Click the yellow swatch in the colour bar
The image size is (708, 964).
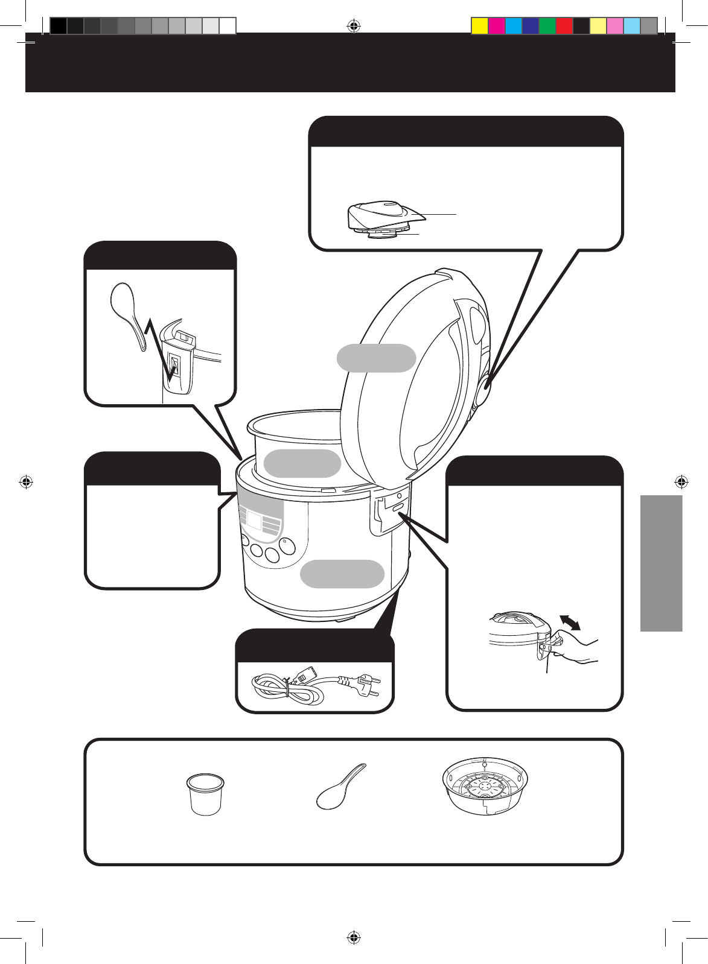[479, 26]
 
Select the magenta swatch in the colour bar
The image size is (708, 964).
[496, 26]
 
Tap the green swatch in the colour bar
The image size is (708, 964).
[547, 26]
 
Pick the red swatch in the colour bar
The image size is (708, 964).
[564, 26]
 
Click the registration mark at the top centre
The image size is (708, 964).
[354, 26]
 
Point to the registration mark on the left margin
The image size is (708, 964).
[25, 481]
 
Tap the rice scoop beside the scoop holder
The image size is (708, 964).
[128, 314]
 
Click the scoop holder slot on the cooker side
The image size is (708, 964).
[176, 367]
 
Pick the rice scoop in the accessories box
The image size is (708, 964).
[340, 787]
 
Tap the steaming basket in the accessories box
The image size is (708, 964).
[485, 788]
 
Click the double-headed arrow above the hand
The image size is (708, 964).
[570, 623]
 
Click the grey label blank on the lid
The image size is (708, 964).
[376, 358]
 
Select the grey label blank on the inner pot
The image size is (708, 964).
[302, 463]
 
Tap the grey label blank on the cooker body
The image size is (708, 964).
[342, 573]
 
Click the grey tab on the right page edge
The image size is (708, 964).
[662, 563]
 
